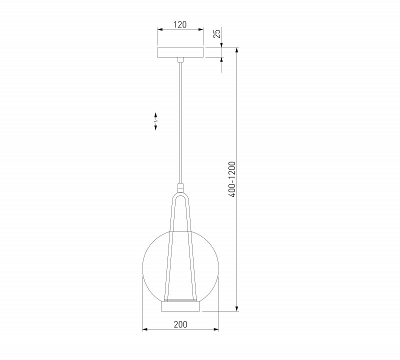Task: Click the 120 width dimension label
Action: coord(180,24)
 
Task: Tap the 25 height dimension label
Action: coord(217,33)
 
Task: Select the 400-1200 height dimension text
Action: coord(232,179)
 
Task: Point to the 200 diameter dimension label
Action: coord(180,324)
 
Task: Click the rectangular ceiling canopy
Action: coord(180,52)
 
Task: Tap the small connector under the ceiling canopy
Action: coord(180,60)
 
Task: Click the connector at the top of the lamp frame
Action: coord(180,188)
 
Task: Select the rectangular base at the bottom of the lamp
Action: coord(180,306)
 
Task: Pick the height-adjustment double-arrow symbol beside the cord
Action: coord(155,121)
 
